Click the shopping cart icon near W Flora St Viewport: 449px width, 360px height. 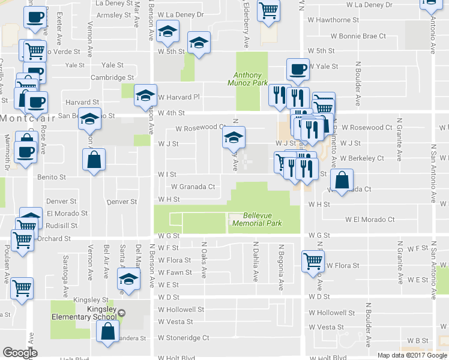[313, 260]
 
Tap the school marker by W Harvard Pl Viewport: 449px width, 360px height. [145, 95]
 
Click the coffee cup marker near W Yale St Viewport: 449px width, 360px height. [297, 69]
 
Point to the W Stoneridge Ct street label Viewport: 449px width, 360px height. [184, 338]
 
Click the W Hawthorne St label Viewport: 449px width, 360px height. [333, 20]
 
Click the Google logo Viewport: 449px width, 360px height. [20, 353]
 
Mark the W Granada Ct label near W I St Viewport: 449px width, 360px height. [193, 187]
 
